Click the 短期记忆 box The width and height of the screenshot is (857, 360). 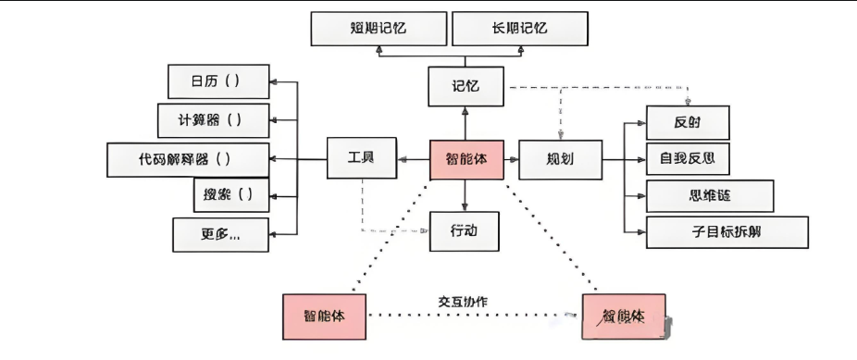point(378,29)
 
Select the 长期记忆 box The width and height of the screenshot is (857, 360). point(520,29)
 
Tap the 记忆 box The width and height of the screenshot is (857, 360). point(466,88)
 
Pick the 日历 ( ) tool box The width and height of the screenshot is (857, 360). point(218,81)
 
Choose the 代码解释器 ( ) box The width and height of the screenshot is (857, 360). point(189,159)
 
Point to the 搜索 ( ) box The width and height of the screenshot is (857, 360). point(223,195)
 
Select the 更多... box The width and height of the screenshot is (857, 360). point(220,234)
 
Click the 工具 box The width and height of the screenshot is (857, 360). point(362,159)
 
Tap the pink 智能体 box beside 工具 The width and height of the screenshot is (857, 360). point(466,160)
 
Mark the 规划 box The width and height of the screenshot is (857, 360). point(560,159)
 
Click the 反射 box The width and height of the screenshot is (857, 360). point(688,122)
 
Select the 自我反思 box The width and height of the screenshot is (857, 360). point(688,158)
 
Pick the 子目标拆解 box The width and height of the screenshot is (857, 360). point(727,232)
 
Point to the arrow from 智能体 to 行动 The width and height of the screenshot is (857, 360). point(466,195)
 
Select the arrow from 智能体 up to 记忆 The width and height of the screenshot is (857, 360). point(466,124)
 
